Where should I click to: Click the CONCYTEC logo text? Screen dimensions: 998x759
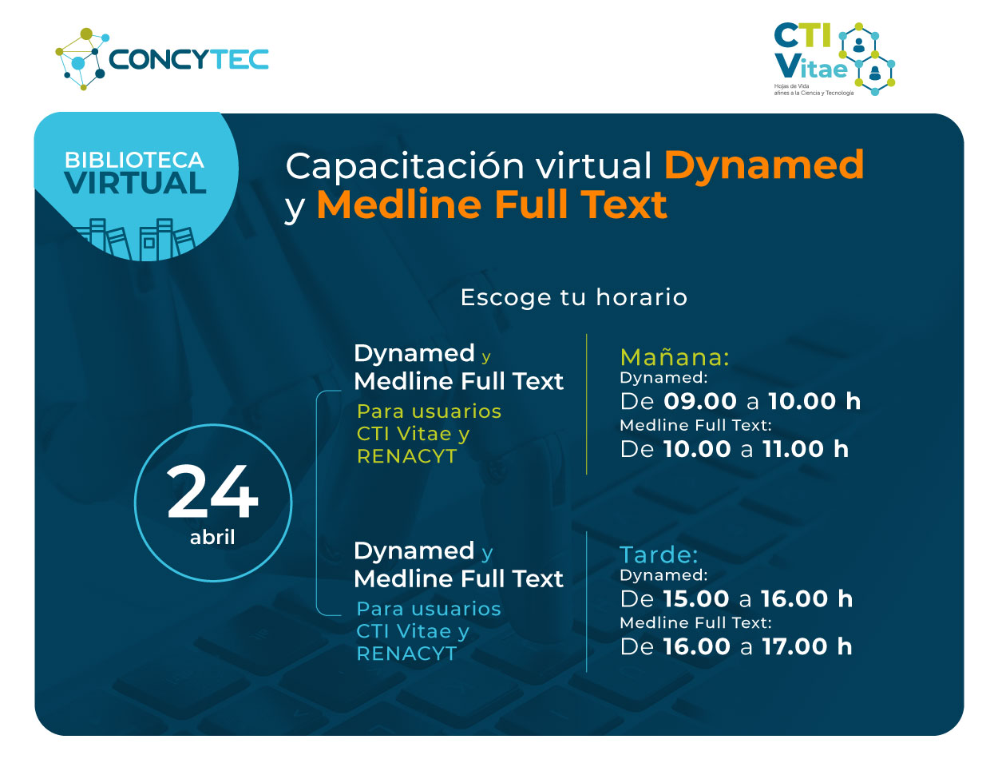pos(188,59)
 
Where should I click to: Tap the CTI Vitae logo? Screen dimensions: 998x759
pos(834,59)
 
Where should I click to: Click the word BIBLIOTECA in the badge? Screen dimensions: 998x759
pos(134,160)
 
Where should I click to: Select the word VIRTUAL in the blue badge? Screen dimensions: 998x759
pos(135,183)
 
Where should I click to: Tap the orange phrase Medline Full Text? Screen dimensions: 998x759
pos(492,205)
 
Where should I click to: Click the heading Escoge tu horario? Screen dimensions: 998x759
pos(574,297)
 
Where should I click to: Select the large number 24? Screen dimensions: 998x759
pos(212,491)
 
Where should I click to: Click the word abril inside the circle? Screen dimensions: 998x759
pos(212,537)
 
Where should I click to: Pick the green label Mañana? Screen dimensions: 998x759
pos(675,357)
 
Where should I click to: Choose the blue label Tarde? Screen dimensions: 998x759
pos(659,554)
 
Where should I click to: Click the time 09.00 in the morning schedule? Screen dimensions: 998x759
pos(699,401)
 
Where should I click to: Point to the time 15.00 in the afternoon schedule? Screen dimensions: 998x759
pos(696,598)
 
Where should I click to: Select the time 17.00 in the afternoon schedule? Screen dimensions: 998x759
pos(794,646)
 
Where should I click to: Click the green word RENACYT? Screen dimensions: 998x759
pos(407,456)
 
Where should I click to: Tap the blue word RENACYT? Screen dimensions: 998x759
pos(407,654)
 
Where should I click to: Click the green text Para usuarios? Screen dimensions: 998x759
pos(430,411)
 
